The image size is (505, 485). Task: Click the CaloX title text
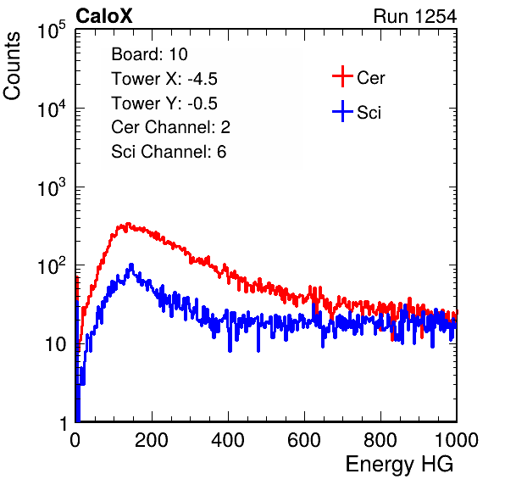104,16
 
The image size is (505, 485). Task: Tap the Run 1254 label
415,16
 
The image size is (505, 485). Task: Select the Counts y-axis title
12,66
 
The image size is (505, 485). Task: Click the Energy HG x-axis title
399,464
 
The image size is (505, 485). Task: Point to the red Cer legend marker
342,76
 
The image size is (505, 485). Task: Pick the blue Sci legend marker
342,112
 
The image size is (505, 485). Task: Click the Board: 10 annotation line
149,54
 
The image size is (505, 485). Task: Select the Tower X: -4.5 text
164,79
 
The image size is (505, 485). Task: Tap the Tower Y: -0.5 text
164,103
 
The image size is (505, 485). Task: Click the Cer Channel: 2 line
170,127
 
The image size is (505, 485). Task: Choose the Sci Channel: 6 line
169,152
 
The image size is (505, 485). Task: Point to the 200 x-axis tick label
152,440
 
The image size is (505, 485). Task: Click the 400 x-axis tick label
228,440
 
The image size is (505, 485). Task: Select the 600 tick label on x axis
304,440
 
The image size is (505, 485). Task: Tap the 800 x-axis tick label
380,440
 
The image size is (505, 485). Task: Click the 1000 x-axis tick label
457,440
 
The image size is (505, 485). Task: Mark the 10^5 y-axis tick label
52,31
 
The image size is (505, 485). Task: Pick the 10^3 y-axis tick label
52,187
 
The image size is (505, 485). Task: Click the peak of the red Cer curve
128,223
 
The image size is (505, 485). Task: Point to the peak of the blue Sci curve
131,265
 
